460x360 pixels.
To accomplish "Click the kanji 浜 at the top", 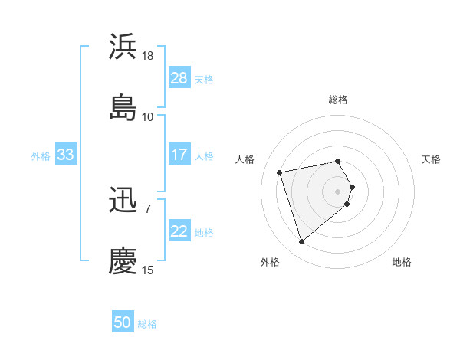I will [x=123, y=47].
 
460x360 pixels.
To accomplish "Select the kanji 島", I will [x=123, y=106].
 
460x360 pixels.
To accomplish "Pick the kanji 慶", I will [x=123, y=260].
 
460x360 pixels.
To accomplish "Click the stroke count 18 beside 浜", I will [x=148, y=56].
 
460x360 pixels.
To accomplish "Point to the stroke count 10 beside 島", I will [x=148, y=116].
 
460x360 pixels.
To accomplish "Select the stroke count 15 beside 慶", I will [x=148, y=270].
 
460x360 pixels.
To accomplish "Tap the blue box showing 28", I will [x=179, y=78].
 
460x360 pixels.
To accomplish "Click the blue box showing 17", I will [x=179, y=155].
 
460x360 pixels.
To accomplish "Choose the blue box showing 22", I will [x=179, y=231].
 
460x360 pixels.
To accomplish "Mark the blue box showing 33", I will [x=66, y=155].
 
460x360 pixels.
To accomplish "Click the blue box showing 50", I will [x=123, y=323].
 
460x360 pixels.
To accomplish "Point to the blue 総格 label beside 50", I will [x=147, y=324].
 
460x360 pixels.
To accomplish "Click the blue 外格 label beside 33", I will [x=41, y=155].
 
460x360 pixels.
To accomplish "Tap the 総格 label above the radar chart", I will [x=338, y=100].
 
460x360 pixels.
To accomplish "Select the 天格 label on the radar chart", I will [x=432, y=159].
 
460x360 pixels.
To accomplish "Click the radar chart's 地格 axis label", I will [x=402, y=262].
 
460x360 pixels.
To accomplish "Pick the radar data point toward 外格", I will [x=301, y=242].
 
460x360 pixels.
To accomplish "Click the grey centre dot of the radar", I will [x=338, y=191].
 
